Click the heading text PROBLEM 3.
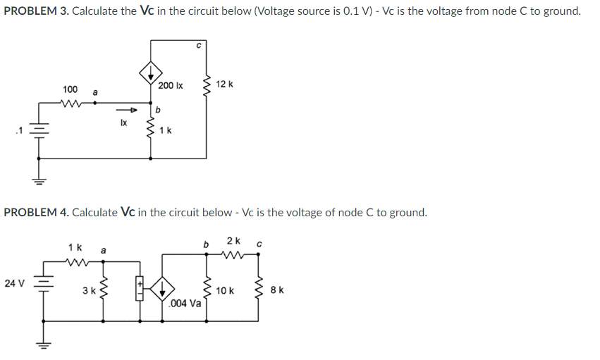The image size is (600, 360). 35,11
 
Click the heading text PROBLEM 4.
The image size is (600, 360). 35,212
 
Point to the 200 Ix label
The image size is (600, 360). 171,85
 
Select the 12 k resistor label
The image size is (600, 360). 225,85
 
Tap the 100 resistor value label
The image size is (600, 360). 70,89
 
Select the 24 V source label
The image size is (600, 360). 14,283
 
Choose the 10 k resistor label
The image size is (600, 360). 226,290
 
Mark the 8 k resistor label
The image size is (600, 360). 278,290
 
